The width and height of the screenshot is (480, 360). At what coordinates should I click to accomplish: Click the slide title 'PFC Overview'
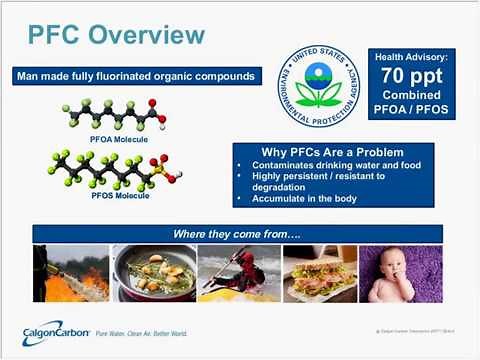pyautogui.click(x=117, y=37)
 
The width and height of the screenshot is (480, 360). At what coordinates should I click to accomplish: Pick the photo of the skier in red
pyautogui.click(x=239, y=274)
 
